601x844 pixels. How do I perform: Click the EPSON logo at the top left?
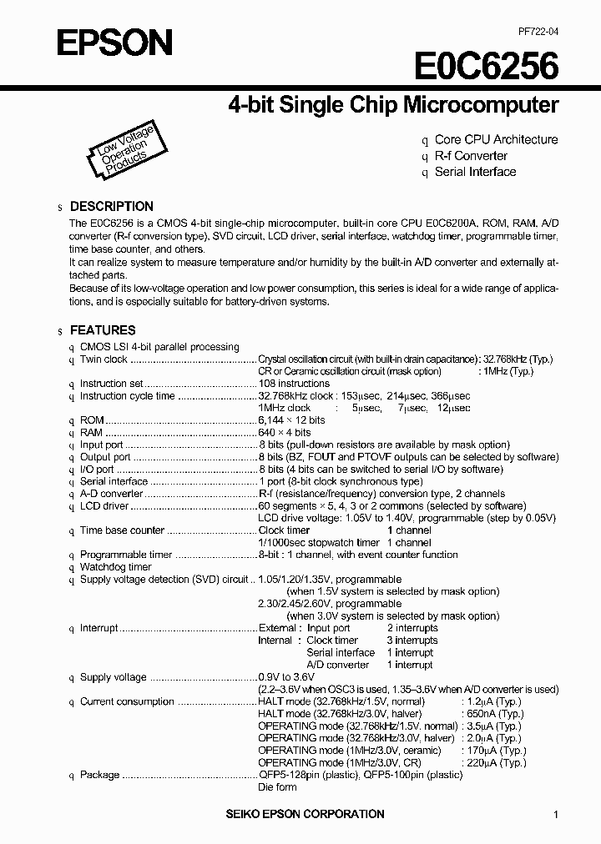click(x=114, y=42)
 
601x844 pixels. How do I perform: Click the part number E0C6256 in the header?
click(x=486, y=66)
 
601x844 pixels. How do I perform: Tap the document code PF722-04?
click(x=538, y=31)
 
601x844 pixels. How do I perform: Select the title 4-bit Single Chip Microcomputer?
click(x=393, y=105)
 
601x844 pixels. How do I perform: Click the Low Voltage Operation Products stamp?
click(x=123, y=151)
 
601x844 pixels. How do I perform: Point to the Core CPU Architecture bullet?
click(x=496, y=139)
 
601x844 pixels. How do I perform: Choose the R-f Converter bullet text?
click(x=471, y=156)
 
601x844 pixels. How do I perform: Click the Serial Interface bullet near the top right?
click(x=475, y=172)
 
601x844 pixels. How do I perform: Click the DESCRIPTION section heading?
click(x=111, y=206)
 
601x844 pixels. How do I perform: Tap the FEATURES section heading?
click(x=102, y=330)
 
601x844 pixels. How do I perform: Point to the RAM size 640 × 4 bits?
click(x=285, y=433)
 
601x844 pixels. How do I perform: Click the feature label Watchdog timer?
click(x=115, y=567)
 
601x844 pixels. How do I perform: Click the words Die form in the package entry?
click(x=277, y=786)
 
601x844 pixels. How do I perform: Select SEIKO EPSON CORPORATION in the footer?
click(x=306, y=814)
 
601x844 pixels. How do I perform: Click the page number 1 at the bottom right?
click(x=556, y=815)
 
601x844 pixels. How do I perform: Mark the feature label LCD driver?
click(x=104, y=506)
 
